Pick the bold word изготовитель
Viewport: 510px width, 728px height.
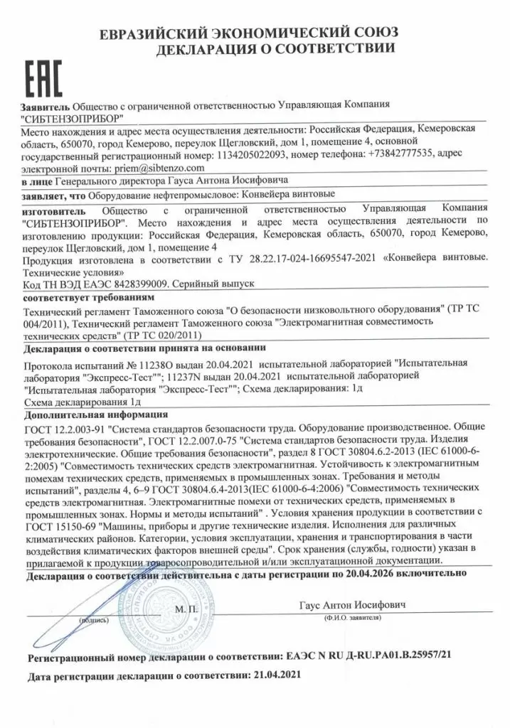tap(53, 211)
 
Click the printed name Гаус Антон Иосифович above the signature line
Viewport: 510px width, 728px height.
tap(352, 604)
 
